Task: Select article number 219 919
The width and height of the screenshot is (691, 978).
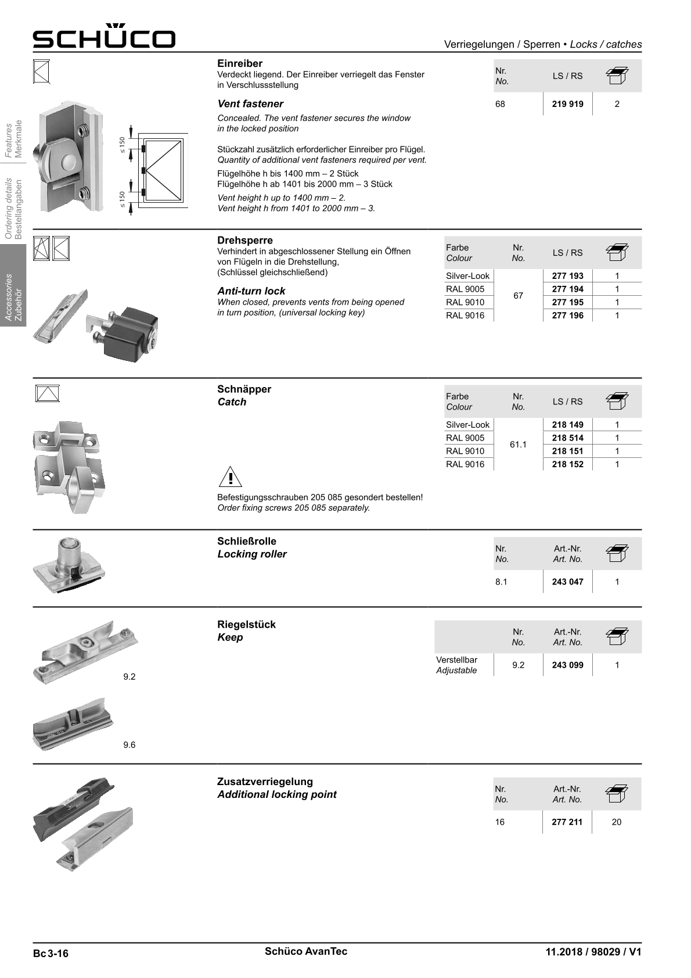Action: click(x=567, y=104)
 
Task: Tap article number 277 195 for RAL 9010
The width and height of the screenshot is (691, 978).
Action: click(x=567, y=302)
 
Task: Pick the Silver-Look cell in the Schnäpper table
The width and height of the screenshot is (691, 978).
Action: click(x=467, y=425)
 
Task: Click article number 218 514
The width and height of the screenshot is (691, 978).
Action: click(x=567, y=438)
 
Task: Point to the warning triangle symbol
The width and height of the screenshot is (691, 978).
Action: click(x=231, y=477)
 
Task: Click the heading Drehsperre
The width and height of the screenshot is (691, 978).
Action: click(x=244, y=240)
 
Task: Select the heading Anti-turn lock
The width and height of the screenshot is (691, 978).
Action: click(x=251, y=291)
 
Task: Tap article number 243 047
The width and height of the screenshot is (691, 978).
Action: click(x=567, y=582)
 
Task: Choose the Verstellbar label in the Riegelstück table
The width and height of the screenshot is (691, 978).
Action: click(x=456, y=660)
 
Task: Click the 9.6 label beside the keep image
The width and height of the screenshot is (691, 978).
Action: click(x=129, y=745)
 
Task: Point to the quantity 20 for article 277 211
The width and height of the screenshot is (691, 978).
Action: click(x=617, y=822)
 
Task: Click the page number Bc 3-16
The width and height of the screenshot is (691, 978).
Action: click(x=51, y=953)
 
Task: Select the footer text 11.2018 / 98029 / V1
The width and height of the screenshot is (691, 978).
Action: click(x=593, y=952)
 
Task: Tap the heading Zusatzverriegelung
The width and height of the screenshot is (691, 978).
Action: click(x=265, y=782)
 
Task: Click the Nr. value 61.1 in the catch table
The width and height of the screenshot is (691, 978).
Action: click(x=518, y=445)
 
